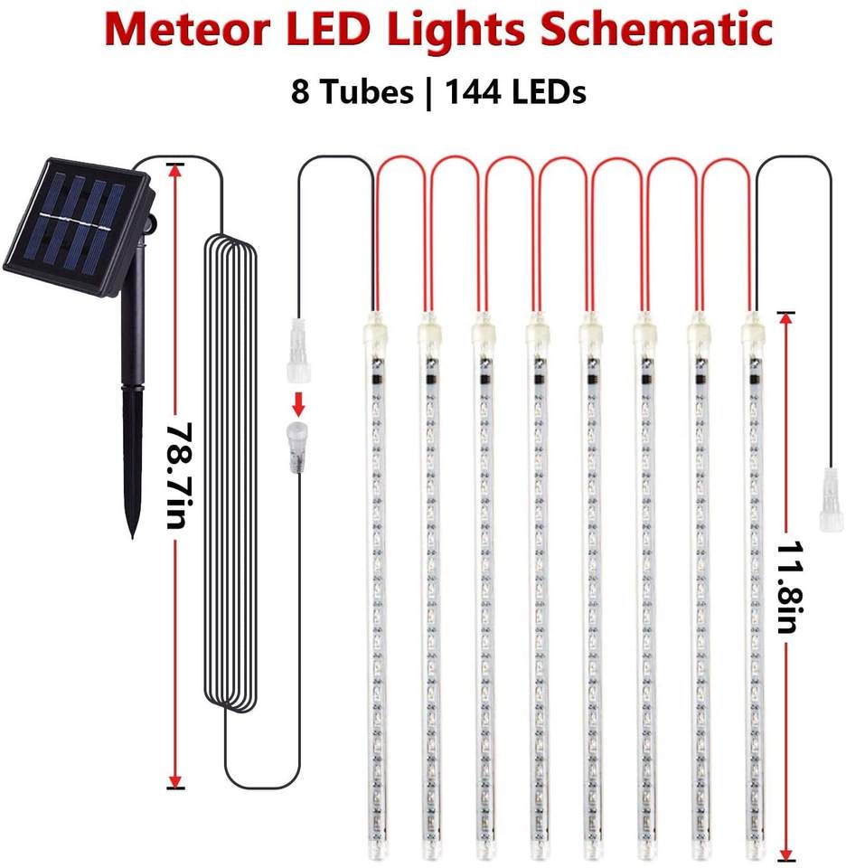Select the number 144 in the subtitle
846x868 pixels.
point(471,91)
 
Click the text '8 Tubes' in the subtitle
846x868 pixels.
point(350,91)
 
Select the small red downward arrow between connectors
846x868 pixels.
point(296,377)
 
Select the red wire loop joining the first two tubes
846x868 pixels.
point(400,162)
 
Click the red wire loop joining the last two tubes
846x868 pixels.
point(725,162)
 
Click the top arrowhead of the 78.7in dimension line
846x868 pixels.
point(174,169)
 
